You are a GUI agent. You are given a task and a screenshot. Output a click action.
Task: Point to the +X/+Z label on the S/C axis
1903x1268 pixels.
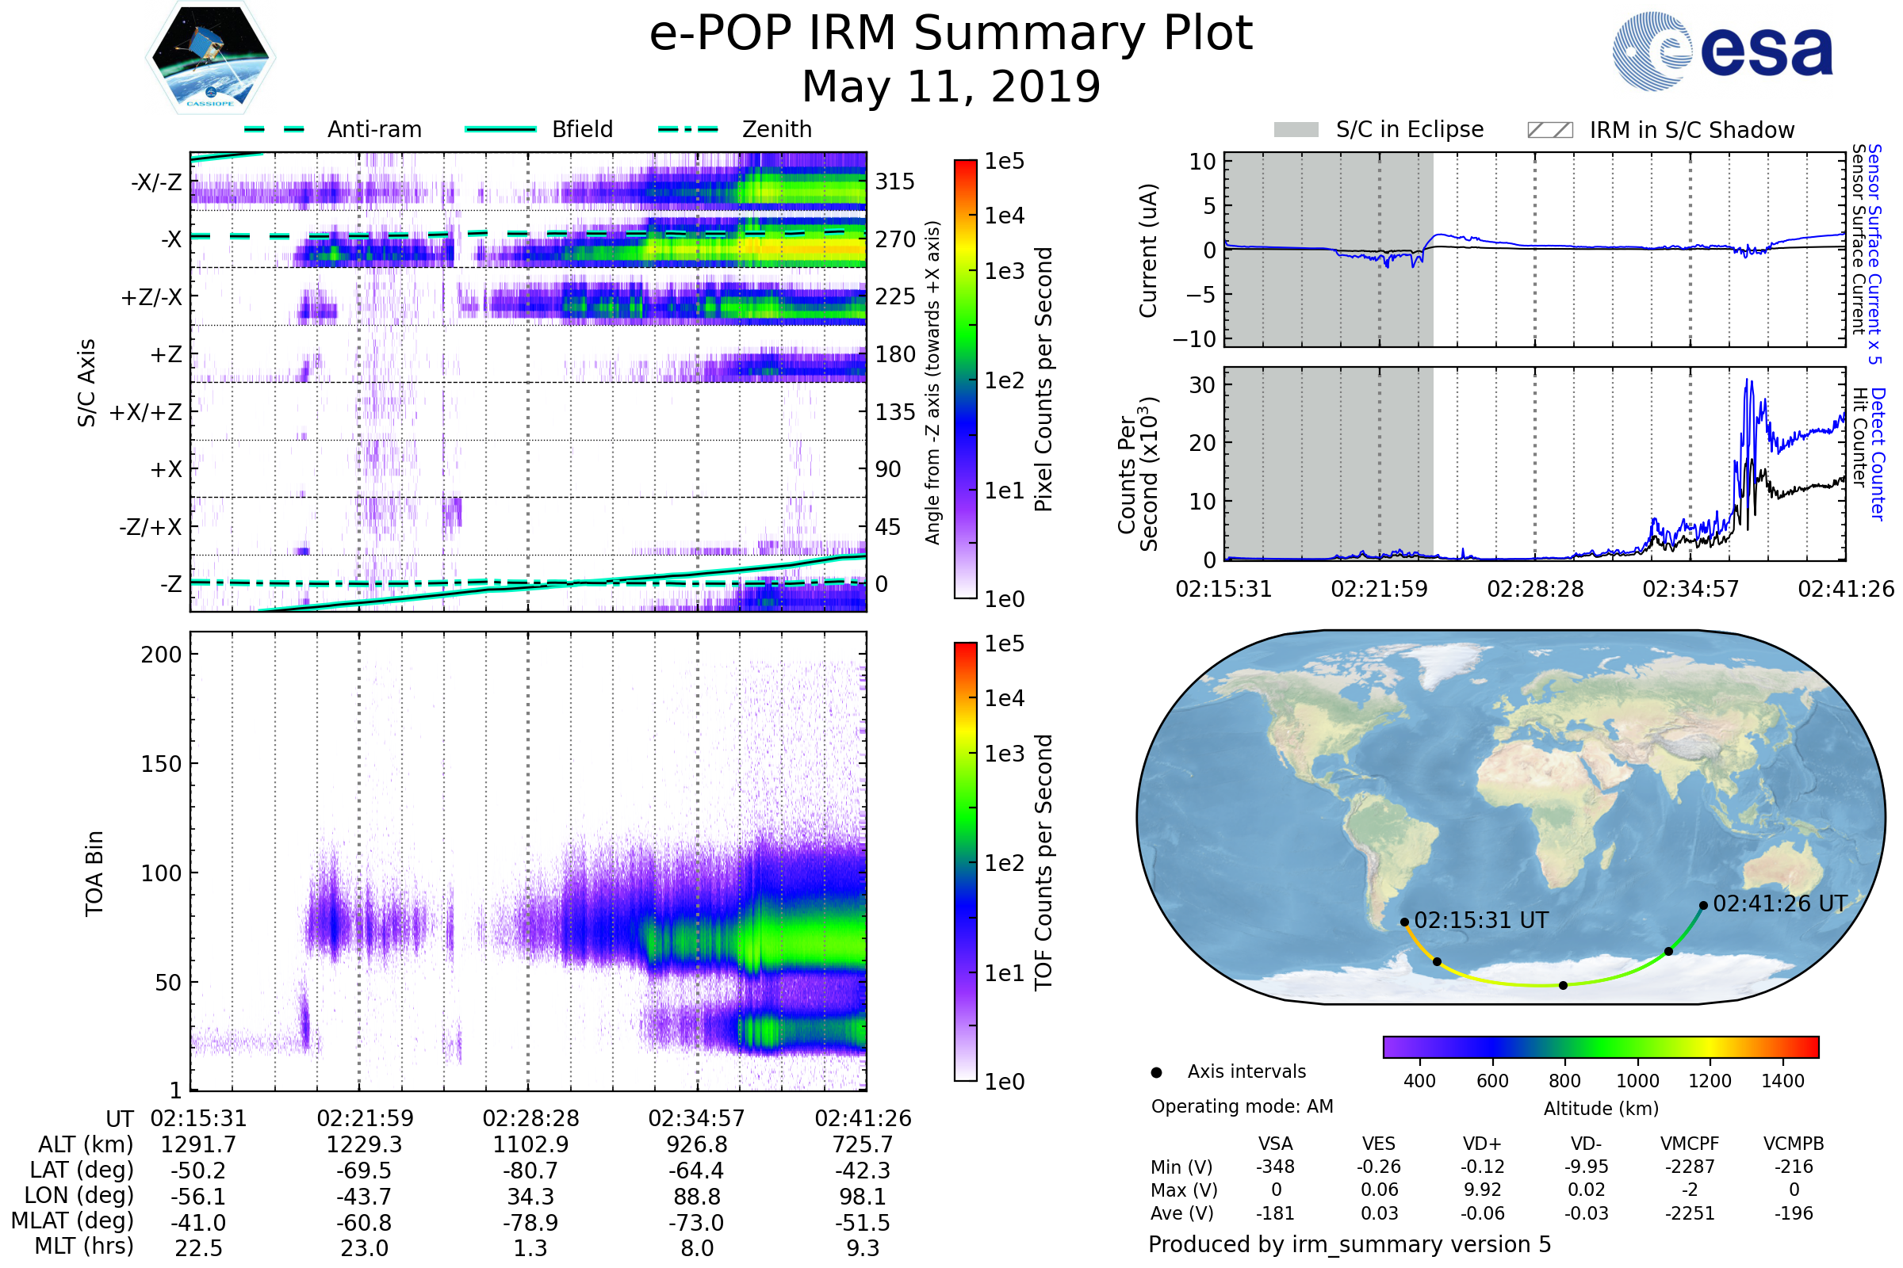[146, 412]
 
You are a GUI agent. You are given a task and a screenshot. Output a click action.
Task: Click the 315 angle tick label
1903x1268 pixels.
[895, 182]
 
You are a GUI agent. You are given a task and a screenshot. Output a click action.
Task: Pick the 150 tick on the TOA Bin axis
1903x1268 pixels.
[161, 764]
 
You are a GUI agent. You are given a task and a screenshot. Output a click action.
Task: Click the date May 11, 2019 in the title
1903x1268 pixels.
[951, 86]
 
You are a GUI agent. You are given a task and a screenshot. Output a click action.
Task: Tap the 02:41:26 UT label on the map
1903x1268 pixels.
[1780, 903]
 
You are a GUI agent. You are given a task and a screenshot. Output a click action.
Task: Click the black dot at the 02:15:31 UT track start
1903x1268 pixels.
[1404, 922]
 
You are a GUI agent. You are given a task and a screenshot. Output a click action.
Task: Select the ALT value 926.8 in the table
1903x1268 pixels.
[697, 1144]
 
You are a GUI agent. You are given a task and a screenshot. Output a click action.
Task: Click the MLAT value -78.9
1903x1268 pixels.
[530, 1222]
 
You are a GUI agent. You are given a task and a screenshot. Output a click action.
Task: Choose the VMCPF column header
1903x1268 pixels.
[1690, 1144]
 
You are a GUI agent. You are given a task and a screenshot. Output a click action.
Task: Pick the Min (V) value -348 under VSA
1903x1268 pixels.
[1275, 1167]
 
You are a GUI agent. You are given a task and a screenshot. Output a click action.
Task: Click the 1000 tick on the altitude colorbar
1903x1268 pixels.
[1637, 1081]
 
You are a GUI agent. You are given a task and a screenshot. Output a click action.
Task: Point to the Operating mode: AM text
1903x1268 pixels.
[1242, 1106]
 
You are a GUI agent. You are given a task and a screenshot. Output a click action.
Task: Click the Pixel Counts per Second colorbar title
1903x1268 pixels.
[1043, 380]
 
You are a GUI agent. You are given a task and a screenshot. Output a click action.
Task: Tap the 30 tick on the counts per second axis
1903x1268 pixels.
[1202, 386]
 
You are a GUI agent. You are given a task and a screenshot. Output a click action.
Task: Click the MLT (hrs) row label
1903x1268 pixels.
[83, 1246]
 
